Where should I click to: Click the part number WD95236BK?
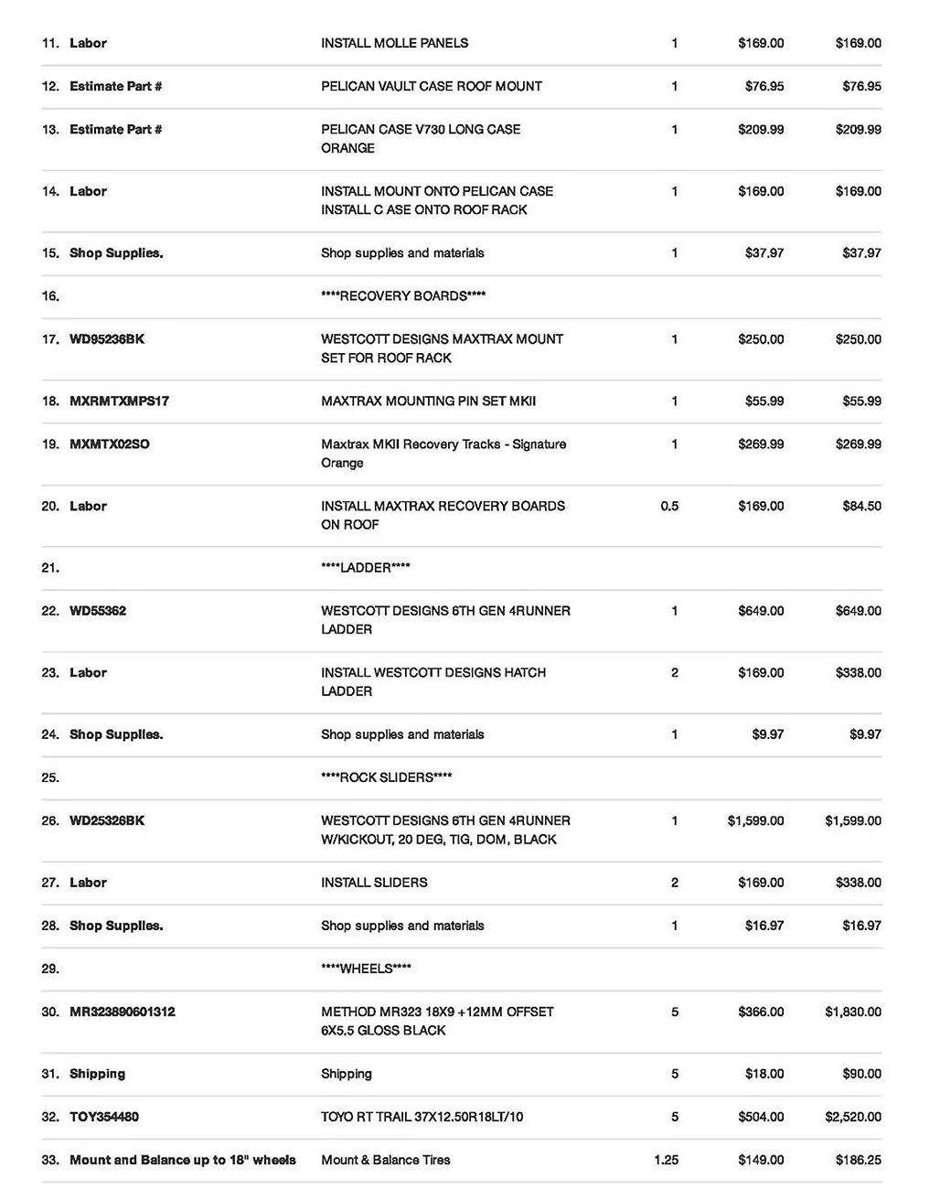pos(107,339)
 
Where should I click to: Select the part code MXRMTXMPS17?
pos(119,401)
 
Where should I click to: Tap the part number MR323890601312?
pos(123,1012)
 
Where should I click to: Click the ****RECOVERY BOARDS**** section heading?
pos(403,295)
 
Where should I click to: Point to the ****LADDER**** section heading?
pos(366,568)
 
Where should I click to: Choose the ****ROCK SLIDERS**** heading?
pos(387,777)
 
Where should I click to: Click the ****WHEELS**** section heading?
pos(366,969)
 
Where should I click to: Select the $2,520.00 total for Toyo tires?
pos(852,1117)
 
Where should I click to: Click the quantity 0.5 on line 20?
pos(669,506)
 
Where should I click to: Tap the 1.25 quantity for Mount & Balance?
pos(667,1160)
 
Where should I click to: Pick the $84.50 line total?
pos(861,506)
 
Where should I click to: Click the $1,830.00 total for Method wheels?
pos(852,1012)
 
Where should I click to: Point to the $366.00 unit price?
pos(761,1012)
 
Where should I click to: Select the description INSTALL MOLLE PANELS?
pos(394,43)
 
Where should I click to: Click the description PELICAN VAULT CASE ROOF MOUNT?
pos(431,86)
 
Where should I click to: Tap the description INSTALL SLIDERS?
pos(374,883)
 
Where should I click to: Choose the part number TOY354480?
pos(104,1117)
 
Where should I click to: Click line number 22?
pos(50,611)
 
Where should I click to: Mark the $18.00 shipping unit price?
pos(764,1074)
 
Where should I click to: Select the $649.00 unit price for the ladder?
pos(761,611)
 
